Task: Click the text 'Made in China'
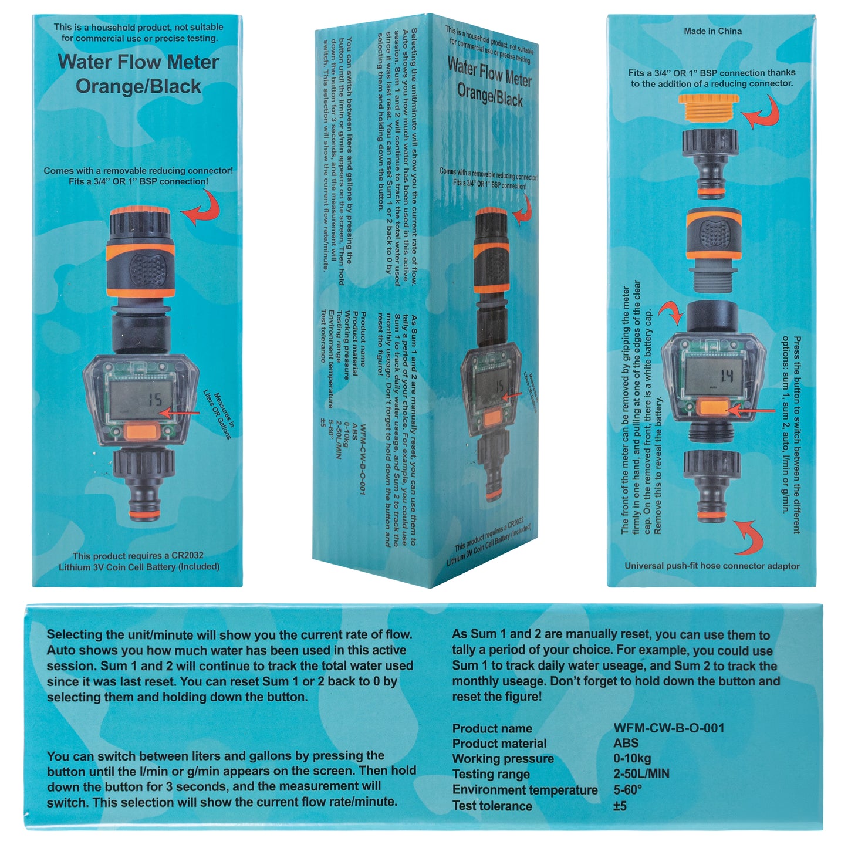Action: coord(712,31)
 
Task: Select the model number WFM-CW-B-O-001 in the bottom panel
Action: coord(668,728)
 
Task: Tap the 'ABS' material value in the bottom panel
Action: coord(626,743)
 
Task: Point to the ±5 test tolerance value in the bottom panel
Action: coord(620,806)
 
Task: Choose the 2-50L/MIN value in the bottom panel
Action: coord(641,773)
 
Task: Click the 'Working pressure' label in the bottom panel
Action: coord(502,758)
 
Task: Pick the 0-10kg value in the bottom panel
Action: coord(632,758)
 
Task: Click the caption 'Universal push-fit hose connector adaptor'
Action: coord(711,566)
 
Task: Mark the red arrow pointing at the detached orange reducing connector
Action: coord(762,112)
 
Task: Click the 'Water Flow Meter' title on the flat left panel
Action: coord(138,62)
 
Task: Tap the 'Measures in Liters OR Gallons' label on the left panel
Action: coord(218,414)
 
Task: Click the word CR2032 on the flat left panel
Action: coord(187,555)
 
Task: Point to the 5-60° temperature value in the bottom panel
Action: coord(627,789)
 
